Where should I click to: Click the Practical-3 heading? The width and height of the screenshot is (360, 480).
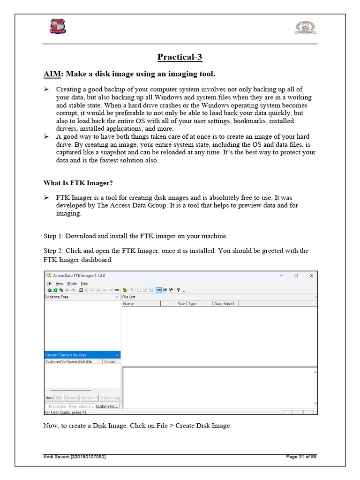tap(180, 57)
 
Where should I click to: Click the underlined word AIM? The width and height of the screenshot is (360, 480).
tap(53, 74)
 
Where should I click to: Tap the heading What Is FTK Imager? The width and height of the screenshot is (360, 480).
tap(78, 183)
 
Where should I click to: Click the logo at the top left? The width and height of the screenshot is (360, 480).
tap(58, 26)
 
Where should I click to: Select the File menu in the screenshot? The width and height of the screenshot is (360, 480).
tap(49, 284)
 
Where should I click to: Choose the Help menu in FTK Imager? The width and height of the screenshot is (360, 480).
tap(84, 284)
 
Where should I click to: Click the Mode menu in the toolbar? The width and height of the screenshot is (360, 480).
tap(72, 284)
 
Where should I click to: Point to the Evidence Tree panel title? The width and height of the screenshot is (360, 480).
tap(56, 297)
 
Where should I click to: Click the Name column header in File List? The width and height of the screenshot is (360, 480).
tap(128, 304)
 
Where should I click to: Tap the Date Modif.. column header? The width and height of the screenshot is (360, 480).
tap(225, 304)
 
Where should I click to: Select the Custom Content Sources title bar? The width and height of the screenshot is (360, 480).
tap(66, 355)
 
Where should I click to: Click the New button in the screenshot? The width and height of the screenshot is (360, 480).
tap(49, 397)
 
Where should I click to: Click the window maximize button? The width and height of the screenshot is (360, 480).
tap(296, 276)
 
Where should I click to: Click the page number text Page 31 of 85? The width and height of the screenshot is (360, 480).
tap(301, 457)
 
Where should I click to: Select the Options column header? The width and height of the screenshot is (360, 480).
tap(110, 362)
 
